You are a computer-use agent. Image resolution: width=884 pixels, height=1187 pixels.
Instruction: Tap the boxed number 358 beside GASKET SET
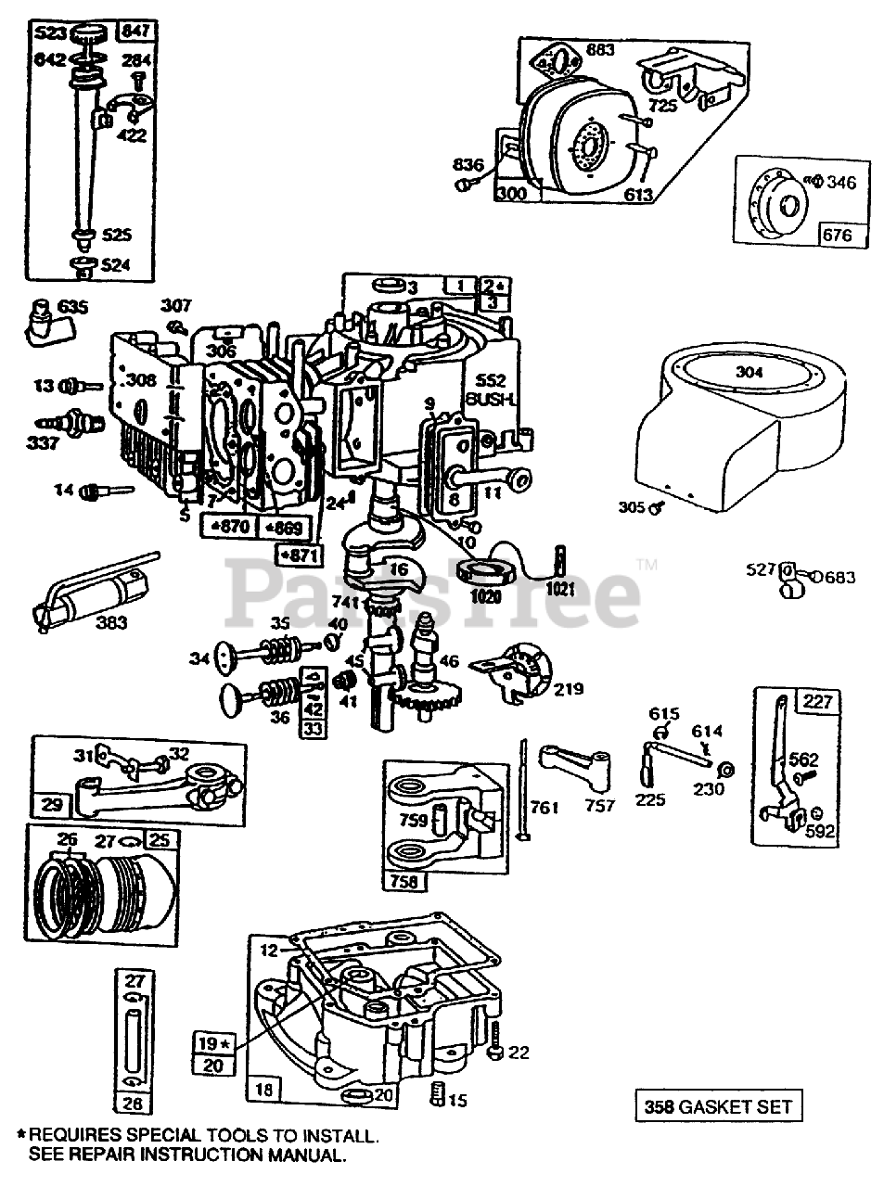pyautogui.click(x=658, y=1105)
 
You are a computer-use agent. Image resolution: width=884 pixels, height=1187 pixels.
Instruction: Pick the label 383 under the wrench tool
pyautogui.click(x=111, y=623)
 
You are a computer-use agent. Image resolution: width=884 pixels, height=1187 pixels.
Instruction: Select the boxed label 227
pyautogui.click(x=817, y=701)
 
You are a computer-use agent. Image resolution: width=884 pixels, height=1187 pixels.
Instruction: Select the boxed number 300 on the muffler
pyautogui.click(x=511, y=195)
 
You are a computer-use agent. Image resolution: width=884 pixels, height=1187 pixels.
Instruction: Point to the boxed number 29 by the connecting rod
pyautogui.click(x=48, y=802)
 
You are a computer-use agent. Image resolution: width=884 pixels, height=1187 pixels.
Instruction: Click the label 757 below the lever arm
pyautogui.click(x=599, y=806)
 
